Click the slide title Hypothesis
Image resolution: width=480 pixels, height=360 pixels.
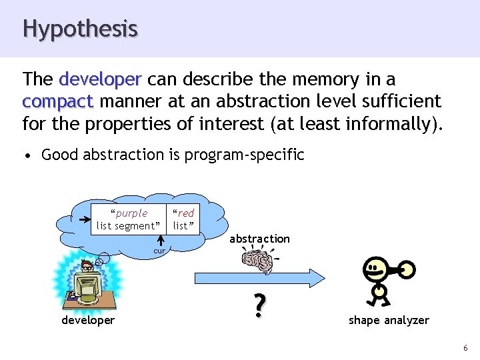(80, 29)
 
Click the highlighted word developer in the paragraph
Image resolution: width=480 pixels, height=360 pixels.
(100, 79)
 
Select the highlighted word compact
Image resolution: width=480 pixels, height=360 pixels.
(57, 101)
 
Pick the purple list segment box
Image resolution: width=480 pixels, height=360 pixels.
(129, 219)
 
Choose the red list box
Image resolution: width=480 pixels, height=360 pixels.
(183, 219)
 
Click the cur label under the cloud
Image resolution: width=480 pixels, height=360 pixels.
(159, 251)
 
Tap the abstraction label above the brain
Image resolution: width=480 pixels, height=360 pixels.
(259, 239)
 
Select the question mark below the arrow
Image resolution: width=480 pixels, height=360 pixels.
(259, 305)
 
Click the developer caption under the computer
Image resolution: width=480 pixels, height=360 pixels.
(87, 321)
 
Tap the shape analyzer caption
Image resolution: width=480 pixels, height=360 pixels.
(389, 321)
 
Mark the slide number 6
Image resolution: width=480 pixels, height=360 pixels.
(465, 348)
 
